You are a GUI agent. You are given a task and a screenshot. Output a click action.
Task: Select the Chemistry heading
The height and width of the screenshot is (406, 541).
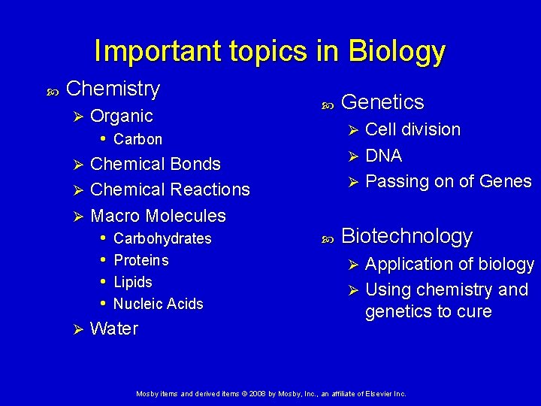(x=113, y=89)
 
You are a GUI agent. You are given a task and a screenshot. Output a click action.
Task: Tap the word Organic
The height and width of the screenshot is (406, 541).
(x=121, y=116)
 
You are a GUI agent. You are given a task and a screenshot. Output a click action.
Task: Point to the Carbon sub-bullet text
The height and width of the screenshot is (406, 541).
(x=138, y=139)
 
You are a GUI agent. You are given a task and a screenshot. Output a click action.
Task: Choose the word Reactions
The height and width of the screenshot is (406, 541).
(x=210, y=189)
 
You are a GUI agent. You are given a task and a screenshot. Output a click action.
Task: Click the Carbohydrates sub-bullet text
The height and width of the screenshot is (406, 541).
(x=162, y=238)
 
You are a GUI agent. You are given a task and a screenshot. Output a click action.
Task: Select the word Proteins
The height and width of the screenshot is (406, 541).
(x=141, y=260)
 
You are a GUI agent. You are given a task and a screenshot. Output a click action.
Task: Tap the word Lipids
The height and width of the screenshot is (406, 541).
(x=132, y=282)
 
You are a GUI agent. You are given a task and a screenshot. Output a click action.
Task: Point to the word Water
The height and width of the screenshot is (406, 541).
(x=113, y=329)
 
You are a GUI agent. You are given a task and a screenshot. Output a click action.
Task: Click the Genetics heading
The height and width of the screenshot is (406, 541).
(x=382, y=102)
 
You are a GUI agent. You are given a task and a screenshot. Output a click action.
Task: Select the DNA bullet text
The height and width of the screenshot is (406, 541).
(x=383, y=156)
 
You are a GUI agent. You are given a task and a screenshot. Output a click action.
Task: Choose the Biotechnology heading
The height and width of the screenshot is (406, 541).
(x=407, y=236)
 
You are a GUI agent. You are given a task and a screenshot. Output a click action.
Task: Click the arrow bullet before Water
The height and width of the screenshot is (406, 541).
(x=74, y=329)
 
